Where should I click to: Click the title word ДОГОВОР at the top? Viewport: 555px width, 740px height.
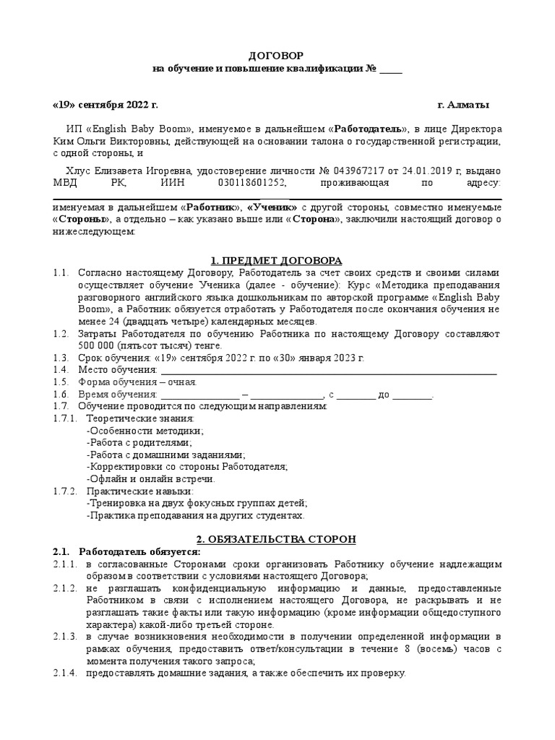coord(277,56)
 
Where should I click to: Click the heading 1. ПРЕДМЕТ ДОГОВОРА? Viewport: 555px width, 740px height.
coord(276,259)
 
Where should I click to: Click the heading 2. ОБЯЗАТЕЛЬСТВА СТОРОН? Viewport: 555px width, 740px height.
coord(276,540)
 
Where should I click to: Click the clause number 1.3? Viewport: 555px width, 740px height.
coord(60,358)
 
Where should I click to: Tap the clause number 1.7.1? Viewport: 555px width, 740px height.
coord(64,418)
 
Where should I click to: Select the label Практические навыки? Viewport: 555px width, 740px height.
coord(139,491)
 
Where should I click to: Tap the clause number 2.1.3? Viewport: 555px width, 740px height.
coord(65,636)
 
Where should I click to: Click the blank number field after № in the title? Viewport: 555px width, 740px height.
coord(391,69)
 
